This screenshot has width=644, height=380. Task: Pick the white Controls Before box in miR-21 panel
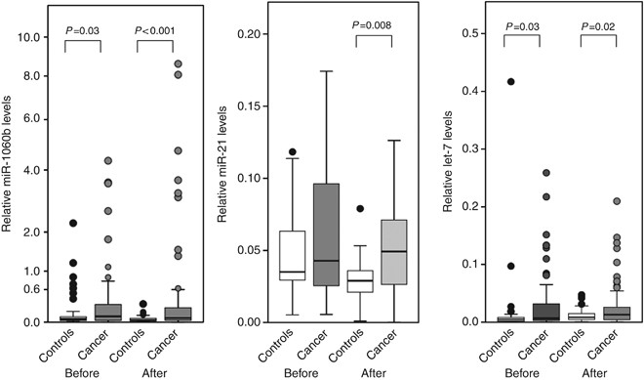tap(292, 256)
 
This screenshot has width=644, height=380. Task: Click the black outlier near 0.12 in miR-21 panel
tap(292, 152)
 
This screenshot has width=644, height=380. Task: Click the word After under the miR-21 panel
tap(372, 372)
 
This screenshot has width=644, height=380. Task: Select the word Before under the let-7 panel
tap(527, 372)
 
